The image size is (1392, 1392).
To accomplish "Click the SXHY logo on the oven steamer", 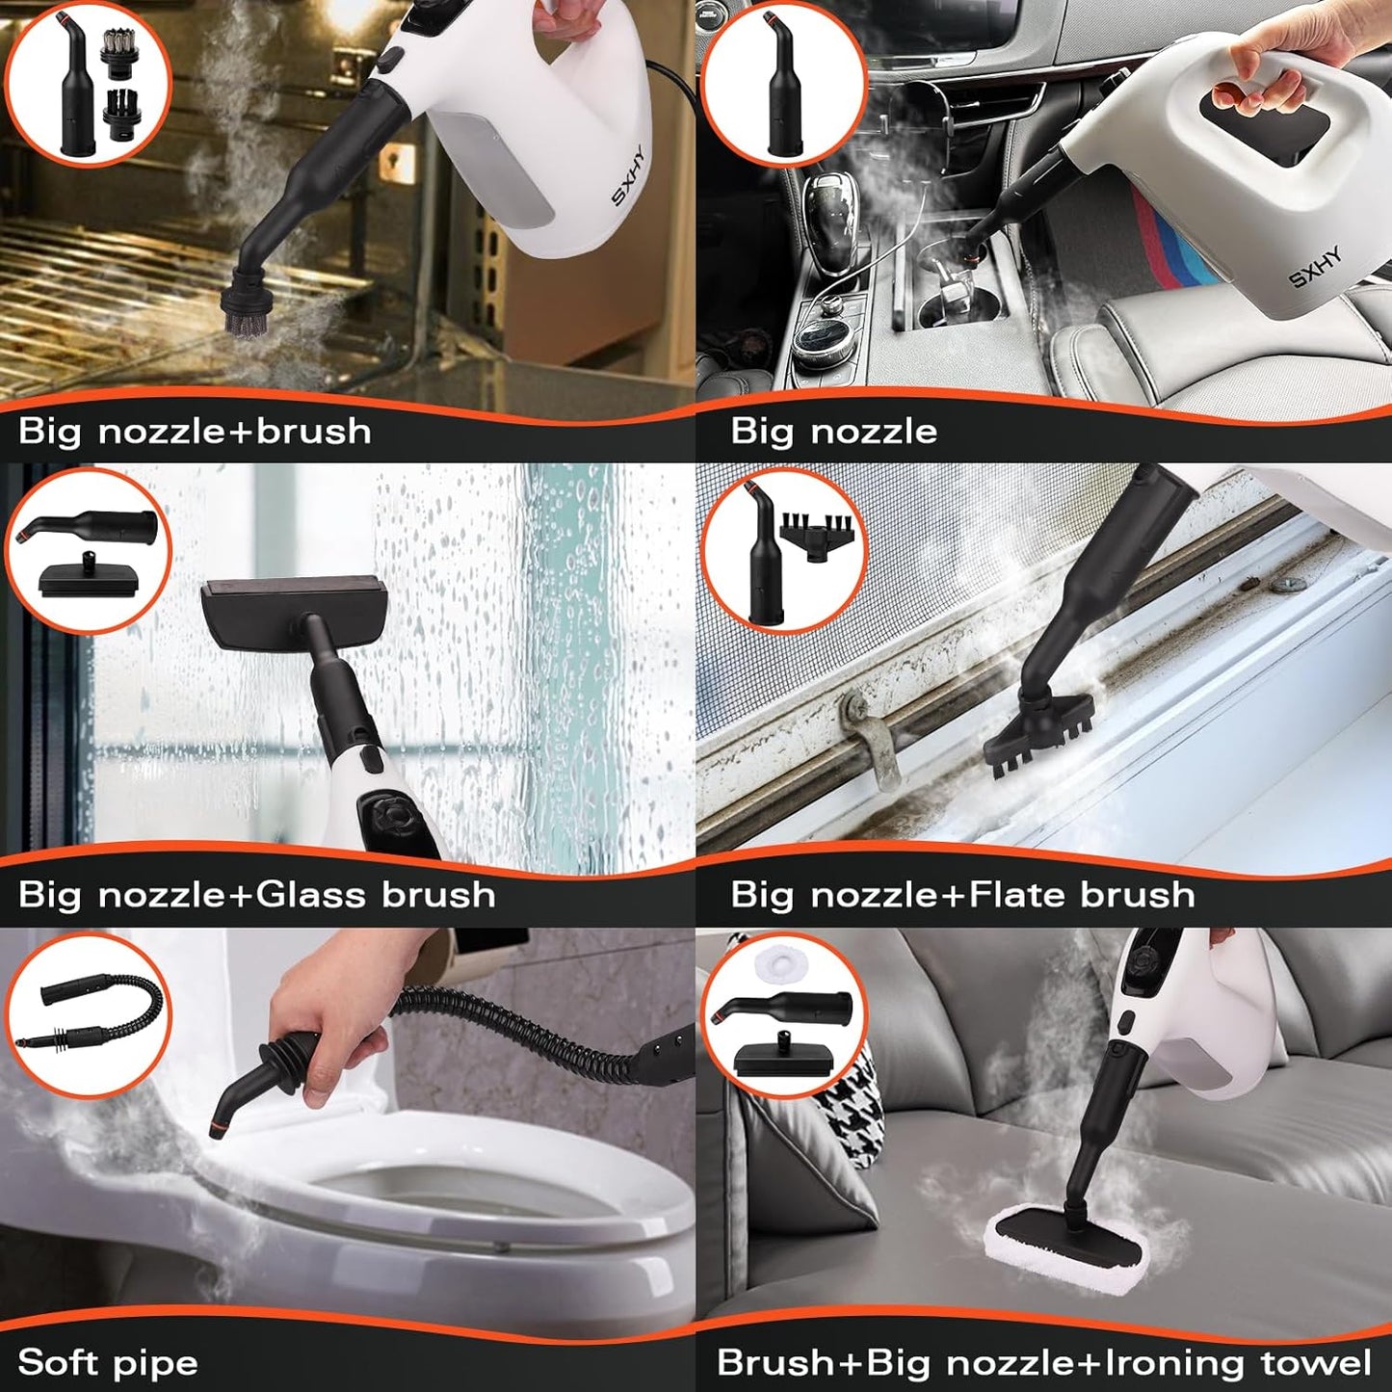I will pyautogui.click(x=628, y=175).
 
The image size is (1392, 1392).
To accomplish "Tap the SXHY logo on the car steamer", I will pyautogui.click(x=1315, y=267).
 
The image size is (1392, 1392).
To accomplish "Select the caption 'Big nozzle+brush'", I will pyautogui.click(x=195, y=431).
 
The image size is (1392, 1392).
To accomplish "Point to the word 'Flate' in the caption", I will pyautogui.click(x=1017, y=895).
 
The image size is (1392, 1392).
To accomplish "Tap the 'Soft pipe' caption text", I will pyautogui.click(x=108, y=1362).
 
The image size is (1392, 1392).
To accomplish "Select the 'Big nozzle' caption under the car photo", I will pyautogui.click(x=833, y=431).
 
